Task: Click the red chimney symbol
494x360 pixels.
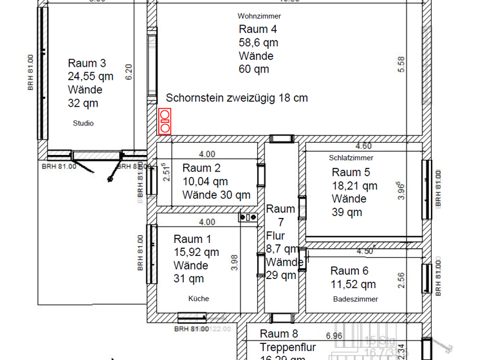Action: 165,122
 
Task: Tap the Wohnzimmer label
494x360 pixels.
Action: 259,16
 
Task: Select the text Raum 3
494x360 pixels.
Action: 87,63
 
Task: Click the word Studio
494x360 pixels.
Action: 83,123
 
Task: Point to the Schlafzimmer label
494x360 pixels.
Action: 351,157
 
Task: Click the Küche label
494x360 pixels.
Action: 198,298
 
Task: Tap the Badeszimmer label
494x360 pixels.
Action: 356,299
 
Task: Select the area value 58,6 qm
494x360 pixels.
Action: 258,42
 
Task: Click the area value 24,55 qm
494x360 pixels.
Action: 90,76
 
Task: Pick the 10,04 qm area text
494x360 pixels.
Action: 205,181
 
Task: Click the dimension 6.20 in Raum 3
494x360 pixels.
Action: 129,71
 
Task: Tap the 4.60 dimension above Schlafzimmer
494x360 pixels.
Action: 363,147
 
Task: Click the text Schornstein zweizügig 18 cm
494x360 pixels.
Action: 237,98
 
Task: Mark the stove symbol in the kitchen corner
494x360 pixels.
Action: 247,217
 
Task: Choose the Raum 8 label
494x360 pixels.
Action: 279,334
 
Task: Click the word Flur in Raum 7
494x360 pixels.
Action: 275,236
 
